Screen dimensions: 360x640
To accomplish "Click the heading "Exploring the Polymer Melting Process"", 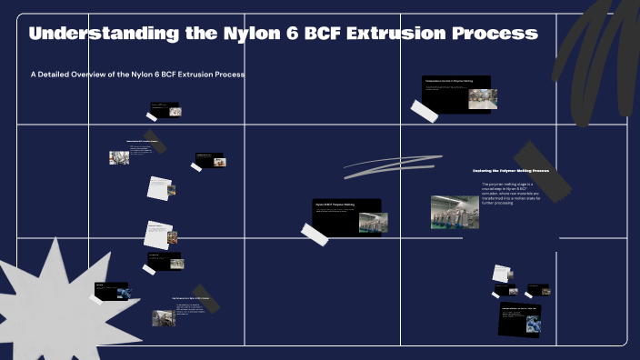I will (510, 170).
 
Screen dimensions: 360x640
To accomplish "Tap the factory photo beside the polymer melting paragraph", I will (455, 211).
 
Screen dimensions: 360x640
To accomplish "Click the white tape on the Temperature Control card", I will (425, 110).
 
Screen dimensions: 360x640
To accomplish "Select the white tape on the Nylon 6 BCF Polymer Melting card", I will (315, 234).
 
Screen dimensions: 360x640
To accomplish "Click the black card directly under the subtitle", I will (166, 110).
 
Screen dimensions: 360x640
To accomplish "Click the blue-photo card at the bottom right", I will (520, 319).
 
